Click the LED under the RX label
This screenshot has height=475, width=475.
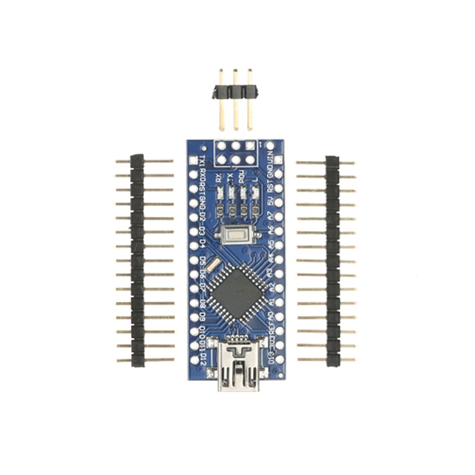pyautogui.click(x=219, y=193)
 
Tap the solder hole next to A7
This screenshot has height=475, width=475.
pyautogui.click(x=279, y=216)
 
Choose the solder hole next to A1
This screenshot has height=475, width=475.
pyautogui.click(x=279, y=302)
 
